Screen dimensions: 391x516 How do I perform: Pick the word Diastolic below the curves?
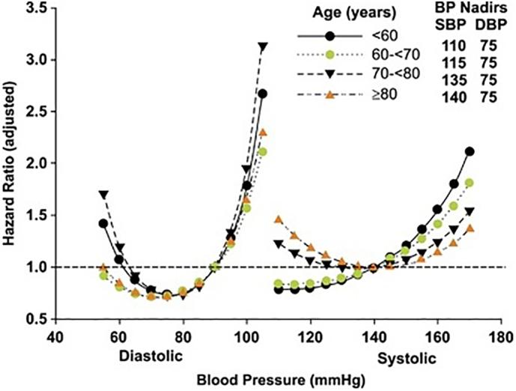click(149, 357)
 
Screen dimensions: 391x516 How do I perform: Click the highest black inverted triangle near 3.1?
click(262, 46)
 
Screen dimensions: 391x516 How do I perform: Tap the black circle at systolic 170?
click(470, 151)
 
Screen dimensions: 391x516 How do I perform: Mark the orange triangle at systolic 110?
click(279, 219)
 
